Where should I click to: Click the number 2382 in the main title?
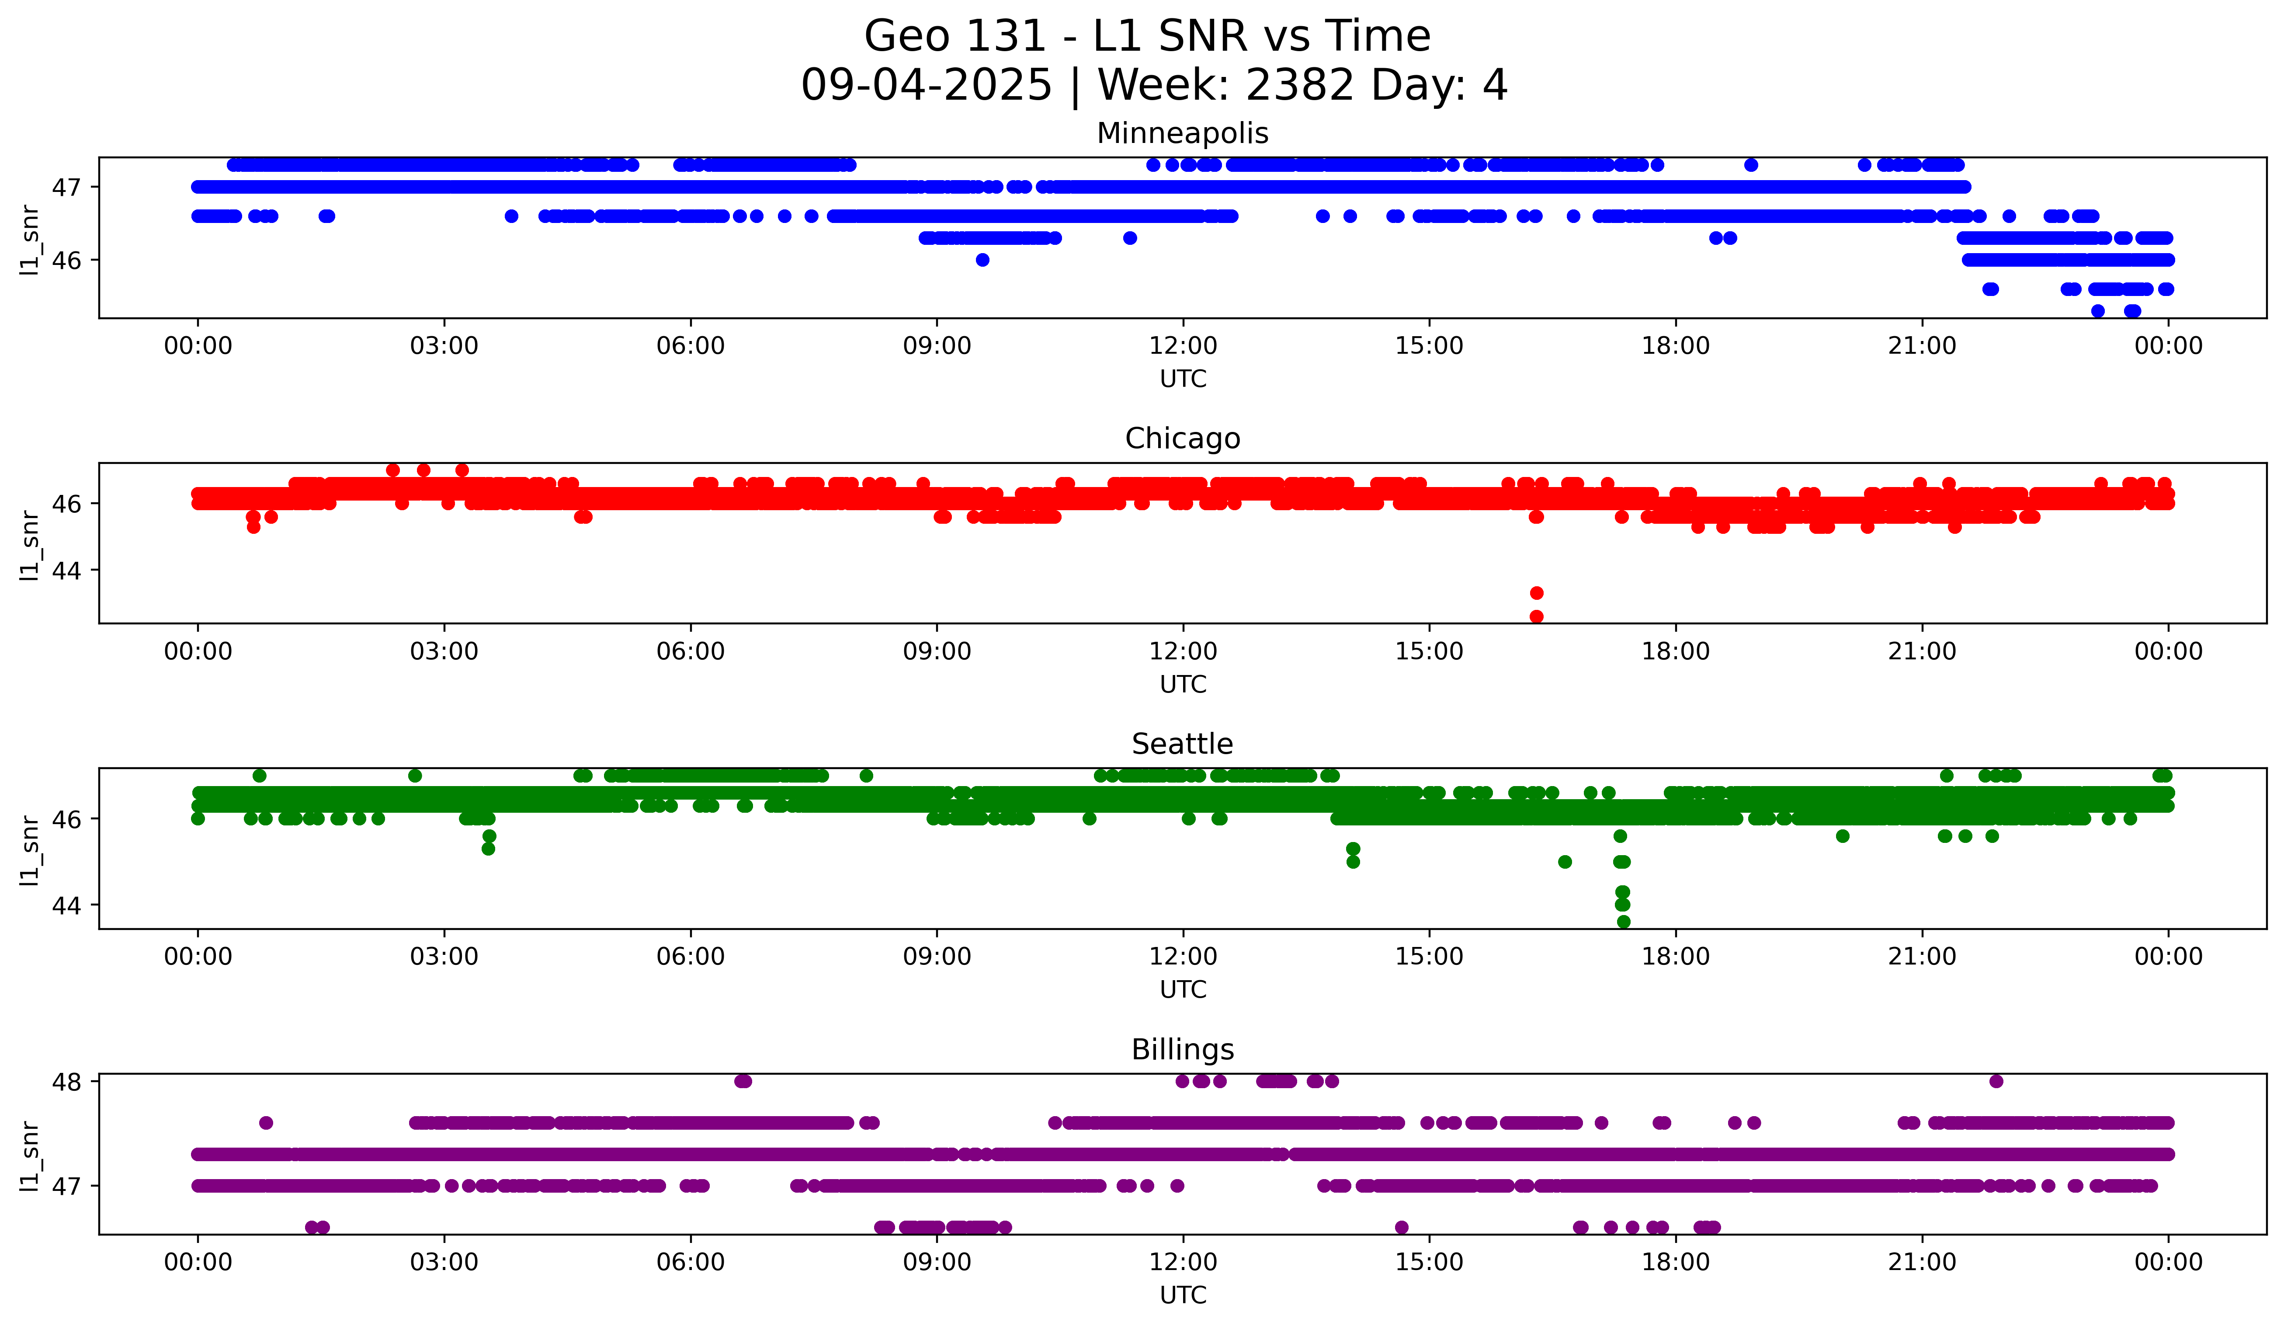(1300, 85)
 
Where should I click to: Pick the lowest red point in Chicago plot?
(1536, 616)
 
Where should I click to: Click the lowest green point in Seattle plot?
(1623, 922)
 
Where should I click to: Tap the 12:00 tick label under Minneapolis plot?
(1183, 346)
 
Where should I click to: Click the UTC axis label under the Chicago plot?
(1183, 684)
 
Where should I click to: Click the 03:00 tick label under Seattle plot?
(444, 957)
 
